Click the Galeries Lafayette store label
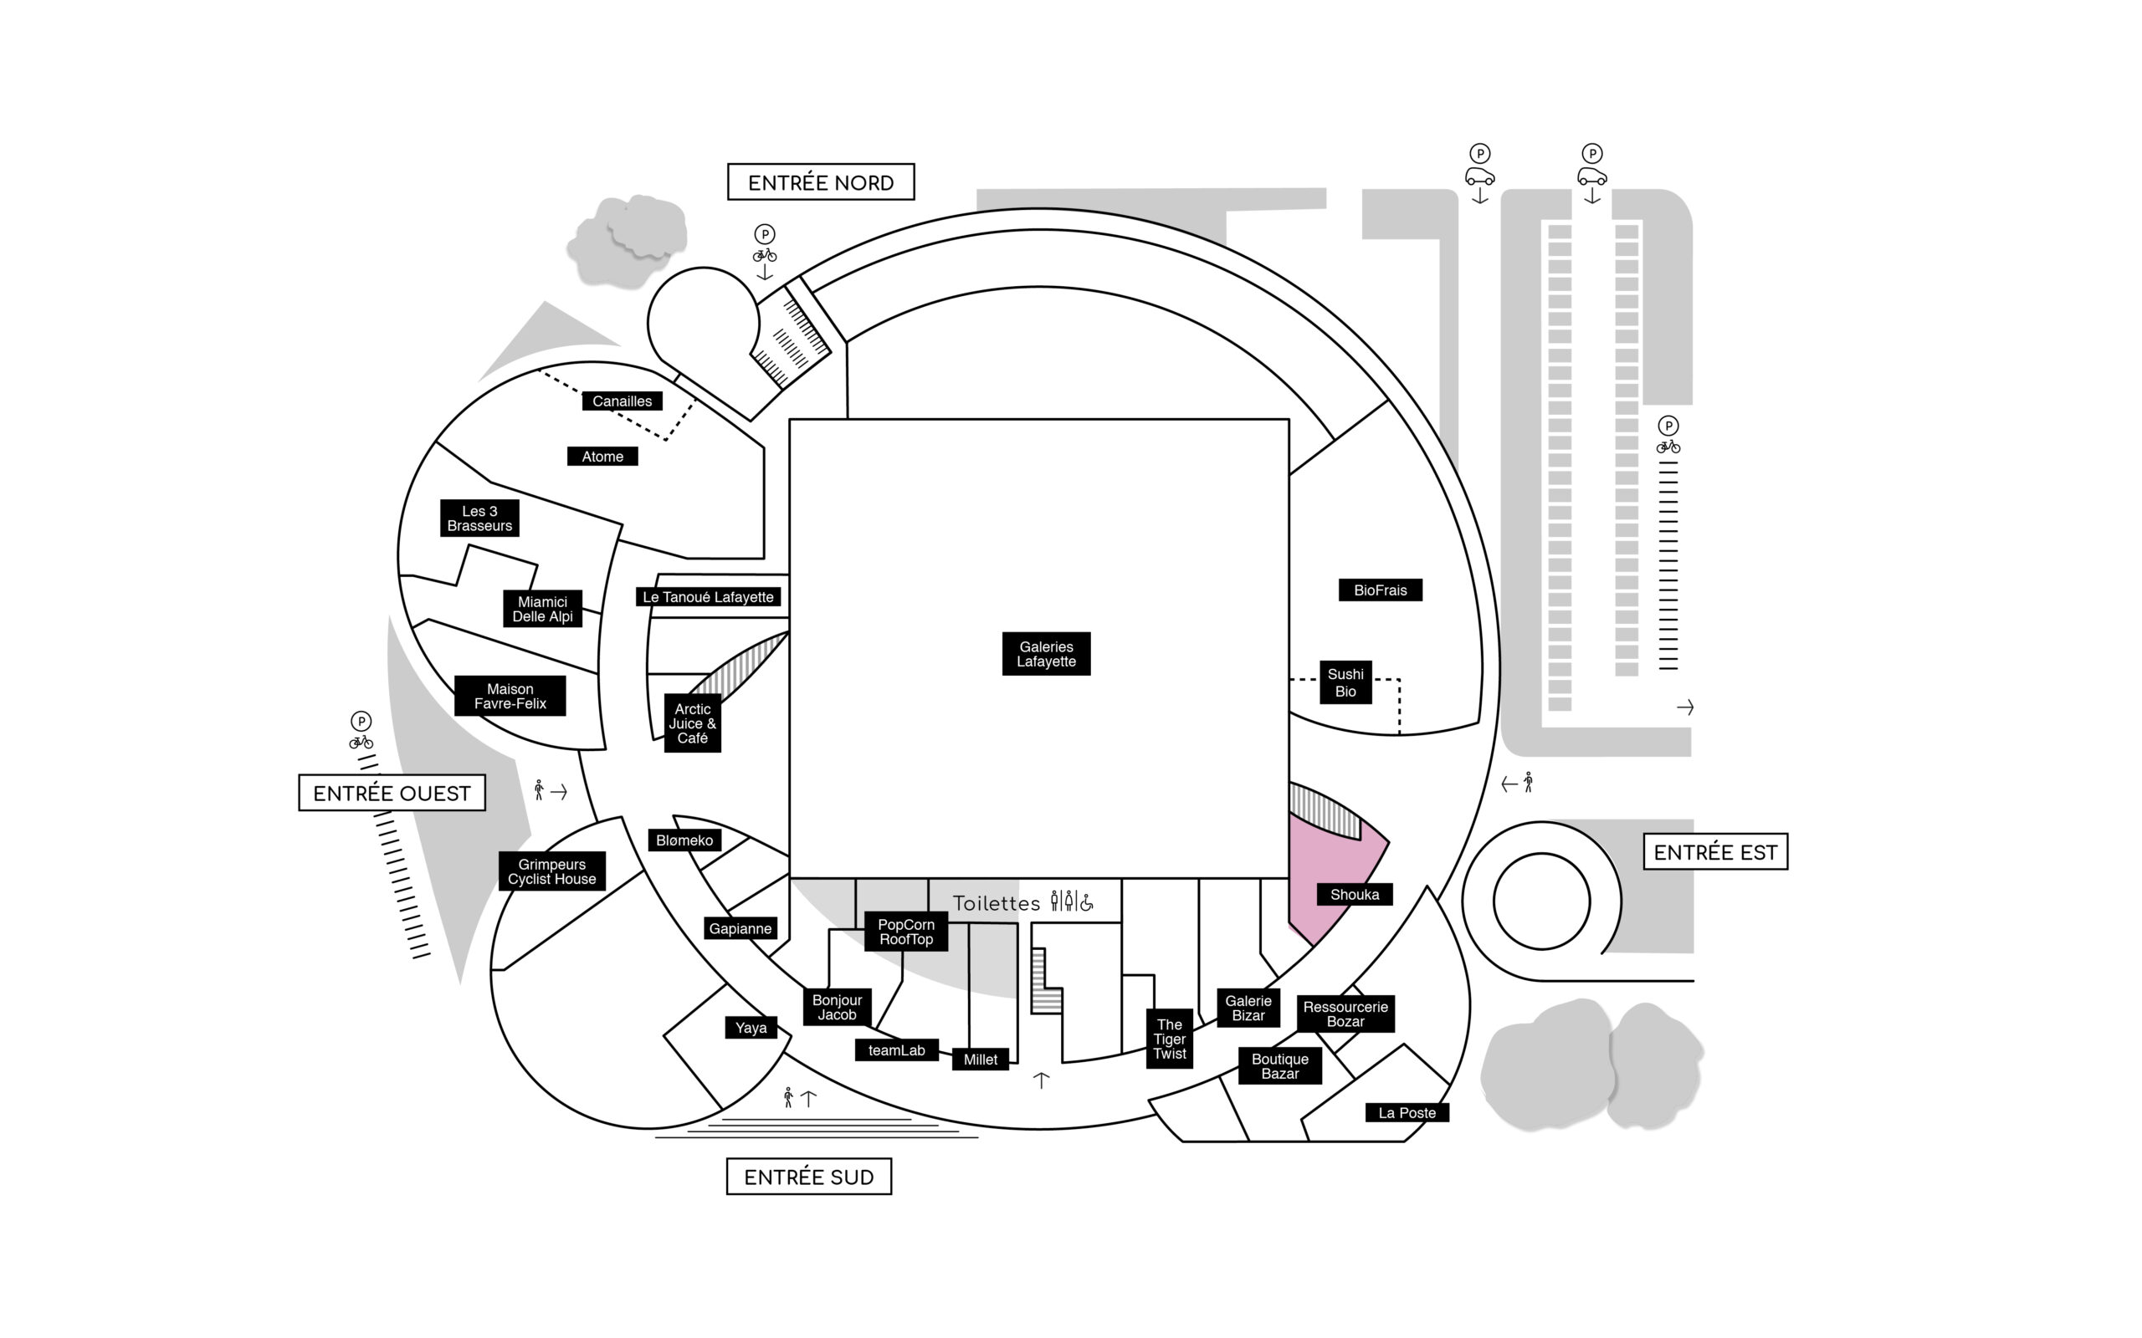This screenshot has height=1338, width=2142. (1045, 654)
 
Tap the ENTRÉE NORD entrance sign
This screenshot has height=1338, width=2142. (821, 182)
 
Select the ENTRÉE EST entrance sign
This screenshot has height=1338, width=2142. (1715, 852)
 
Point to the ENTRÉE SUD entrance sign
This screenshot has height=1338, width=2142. (809, 1177)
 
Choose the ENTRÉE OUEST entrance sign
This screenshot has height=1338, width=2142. (392, 793)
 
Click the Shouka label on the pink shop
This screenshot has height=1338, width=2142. (1355, 895)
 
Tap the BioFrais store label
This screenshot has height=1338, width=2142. (1380, 590)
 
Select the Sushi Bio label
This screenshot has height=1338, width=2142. (1345, 682)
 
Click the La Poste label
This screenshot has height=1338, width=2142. (1407, 1113)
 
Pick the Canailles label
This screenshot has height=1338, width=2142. (623, 401)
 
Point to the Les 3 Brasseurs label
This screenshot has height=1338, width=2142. (479, 518)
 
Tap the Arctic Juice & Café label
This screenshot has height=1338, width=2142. (692, 723)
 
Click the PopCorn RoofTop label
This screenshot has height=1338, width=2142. (906, 932)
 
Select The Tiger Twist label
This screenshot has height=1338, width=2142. (1169, 1039)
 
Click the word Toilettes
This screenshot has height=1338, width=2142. (997, 903)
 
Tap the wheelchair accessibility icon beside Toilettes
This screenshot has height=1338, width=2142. (1087, 901)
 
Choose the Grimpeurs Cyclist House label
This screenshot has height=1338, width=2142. (552, 871)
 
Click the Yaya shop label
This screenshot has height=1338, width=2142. (751, 1029)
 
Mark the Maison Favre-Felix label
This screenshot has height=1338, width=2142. (510, 697)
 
